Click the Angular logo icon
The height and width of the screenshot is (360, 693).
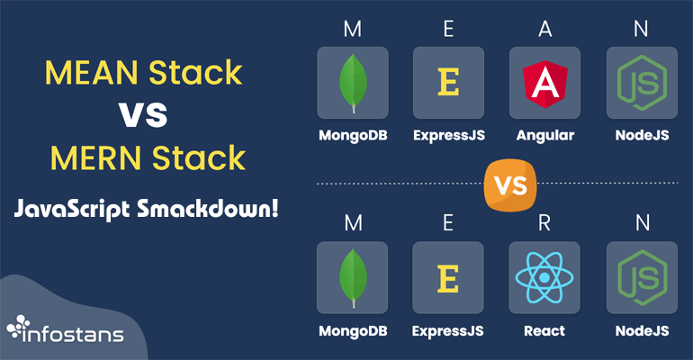click(x=544, y=84)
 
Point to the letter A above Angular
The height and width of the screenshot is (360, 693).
click(x=544, y=29)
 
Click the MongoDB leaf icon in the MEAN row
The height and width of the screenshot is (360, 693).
click(x=353, y=84)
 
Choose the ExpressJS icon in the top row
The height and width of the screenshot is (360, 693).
click(x=448, y=84)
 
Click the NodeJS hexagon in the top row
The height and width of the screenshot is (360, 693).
click(x=641, y=84)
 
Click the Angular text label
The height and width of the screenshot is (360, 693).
click(x=544, y=136)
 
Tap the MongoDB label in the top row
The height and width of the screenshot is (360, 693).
click(x=353, y=136)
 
